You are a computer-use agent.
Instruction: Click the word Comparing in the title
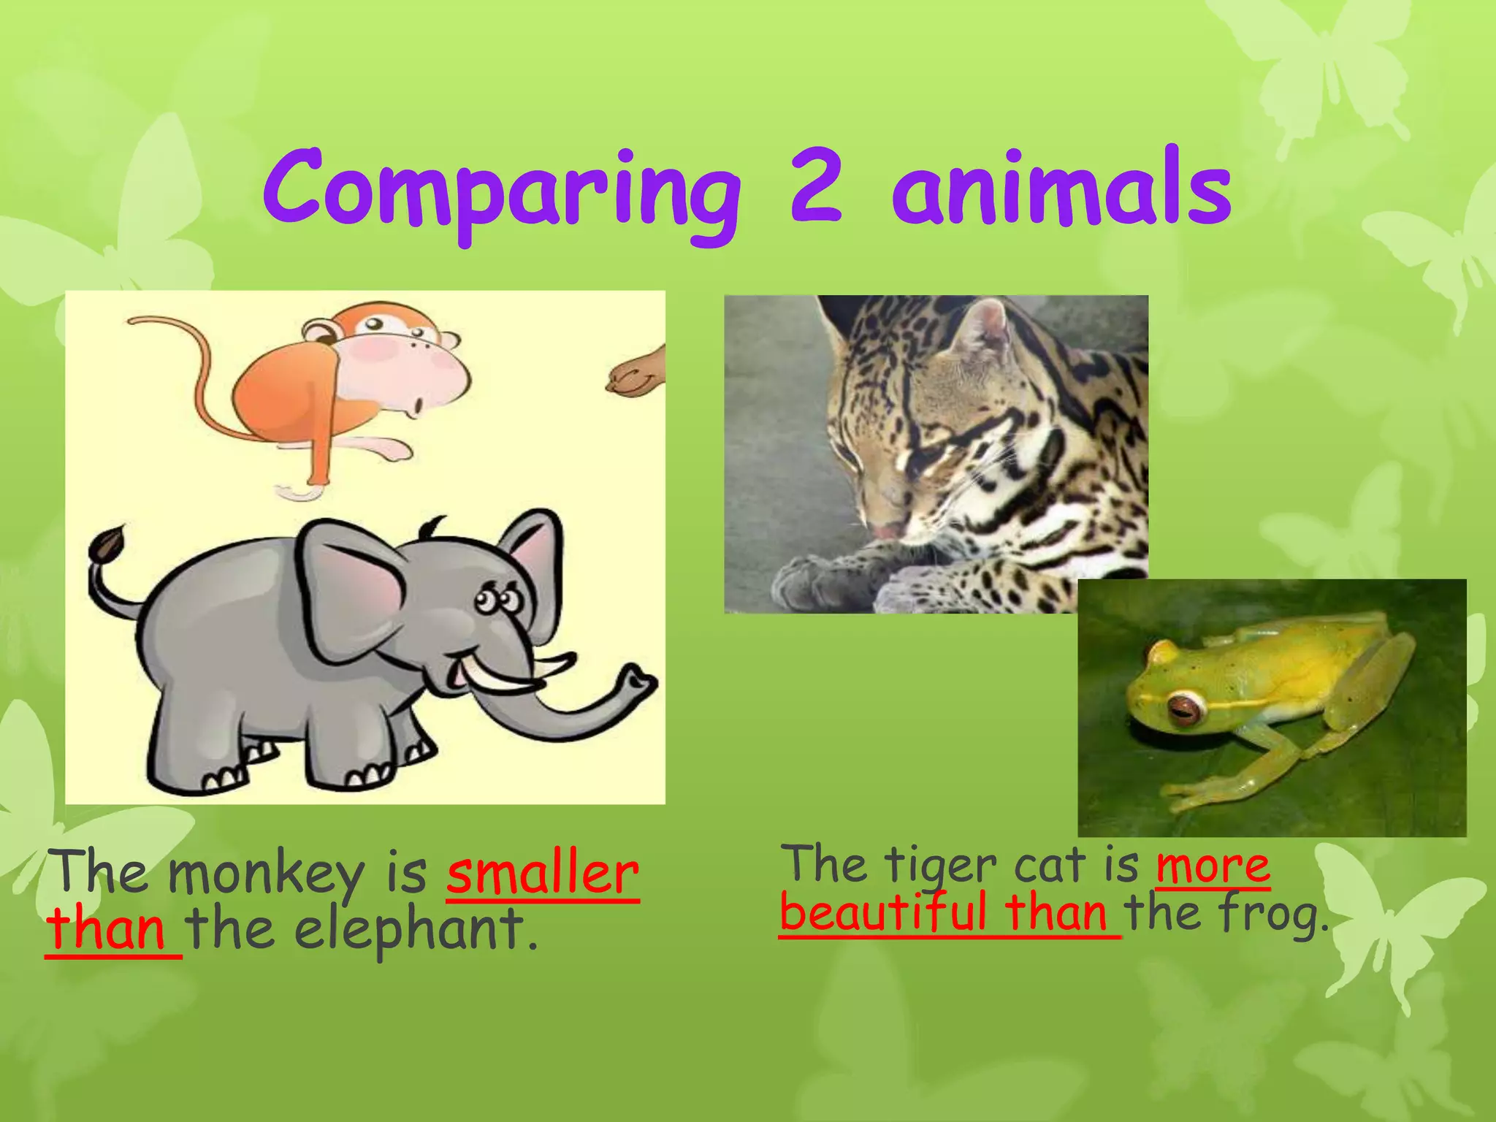click(503, 191)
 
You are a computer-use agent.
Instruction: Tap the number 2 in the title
click(816, 186)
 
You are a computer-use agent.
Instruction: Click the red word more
click(1213, 866)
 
